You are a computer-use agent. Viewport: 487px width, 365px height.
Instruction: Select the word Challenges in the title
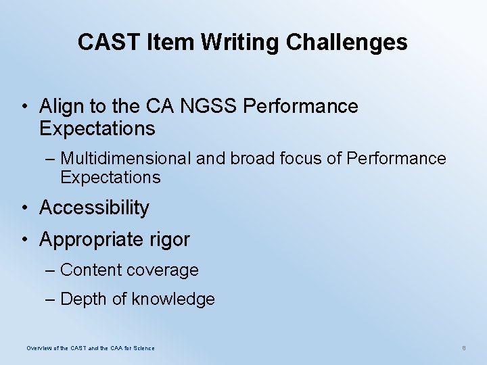coord(347,43)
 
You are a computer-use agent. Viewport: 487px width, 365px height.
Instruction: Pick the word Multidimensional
coord(126,159)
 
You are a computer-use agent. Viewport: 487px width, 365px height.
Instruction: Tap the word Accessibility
coord(94,208)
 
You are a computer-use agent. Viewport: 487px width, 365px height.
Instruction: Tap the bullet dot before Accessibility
coord(24,208)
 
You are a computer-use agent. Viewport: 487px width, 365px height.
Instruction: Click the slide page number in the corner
coord(464,348)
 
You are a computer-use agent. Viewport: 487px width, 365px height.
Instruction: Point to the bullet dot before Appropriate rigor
coord(24,240)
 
